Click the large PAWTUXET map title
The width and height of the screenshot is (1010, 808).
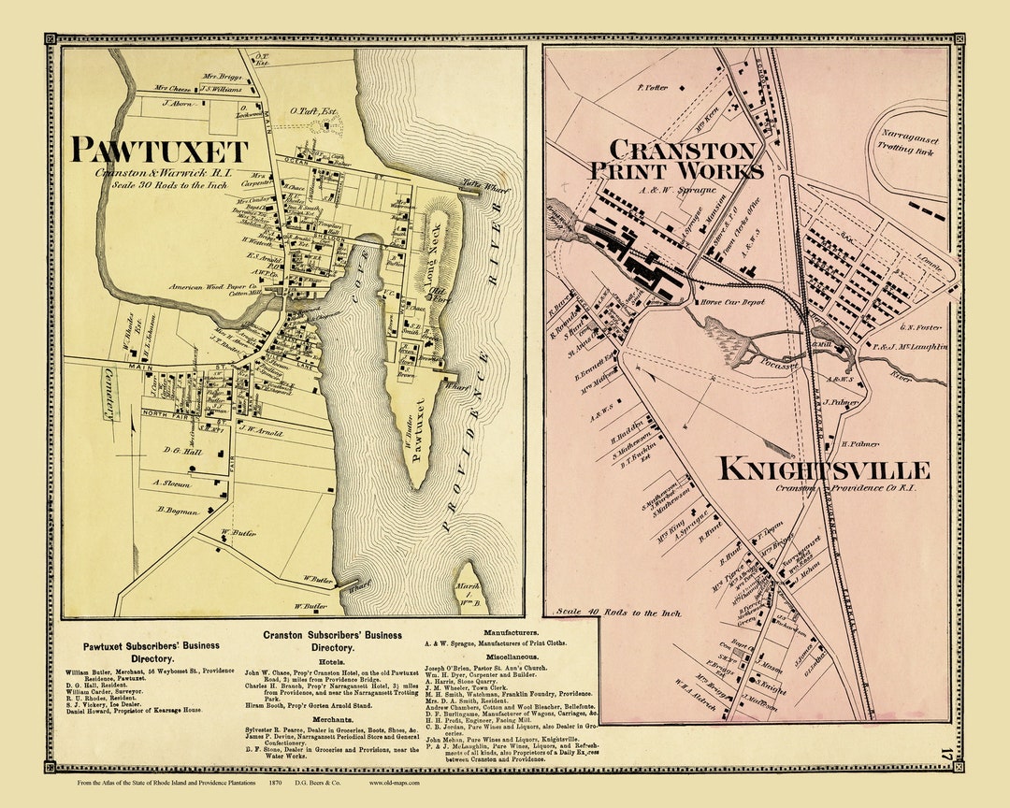(x=160, y=151)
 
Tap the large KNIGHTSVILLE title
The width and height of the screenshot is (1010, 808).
(x=824, y=469)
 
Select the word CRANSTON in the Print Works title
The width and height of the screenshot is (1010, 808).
(x=682, y=150)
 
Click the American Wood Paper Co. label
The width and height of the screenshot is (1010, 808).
(x=212, y=287)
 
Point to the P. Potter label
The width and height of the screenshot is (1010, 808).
(x=651, y=87)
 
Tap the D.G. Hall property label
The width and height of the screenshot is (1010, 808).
(x=182, y=451)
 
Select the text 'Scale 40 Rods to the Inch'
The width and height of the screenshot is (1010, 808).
(x=618, y=613)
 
